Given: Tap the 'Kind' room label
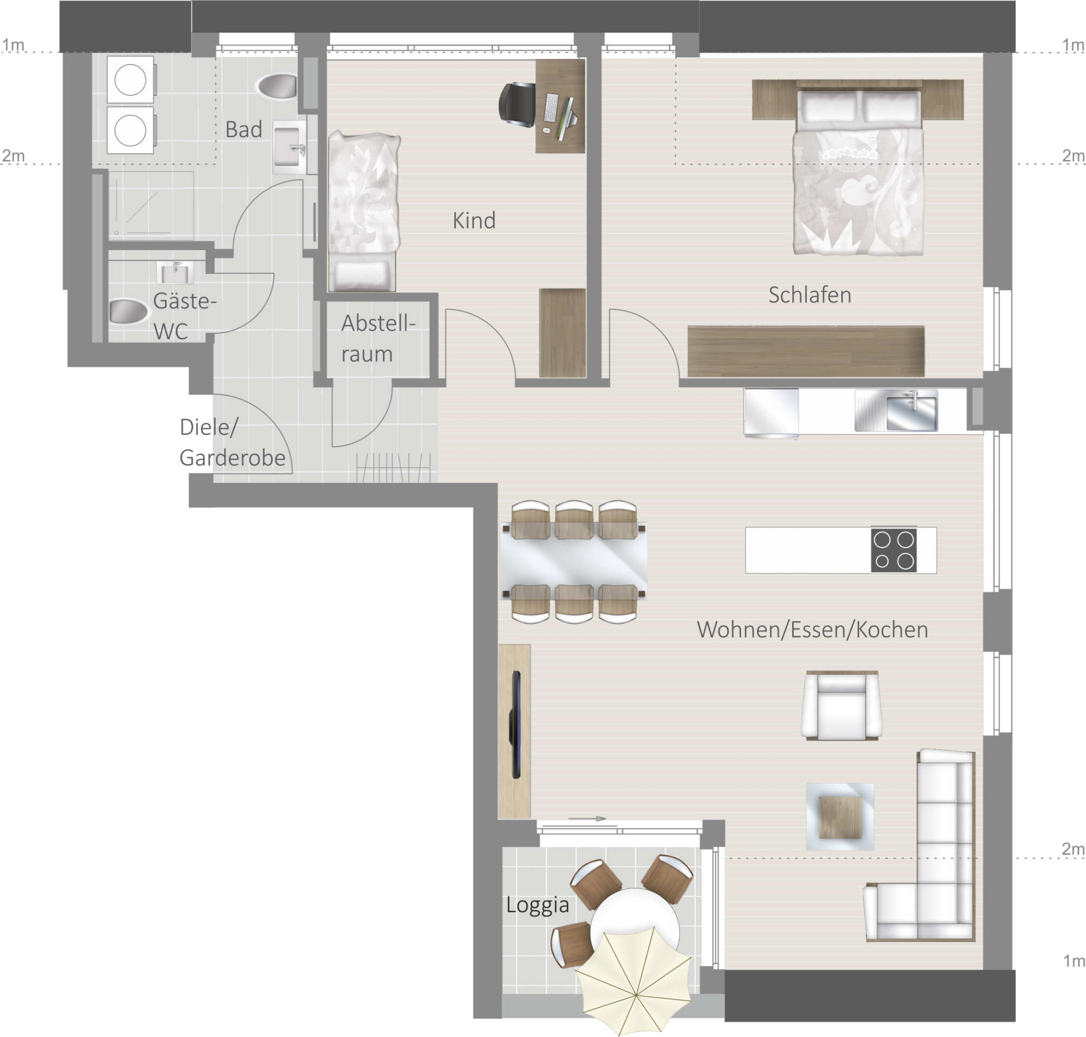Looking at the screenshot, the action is coord(474,220).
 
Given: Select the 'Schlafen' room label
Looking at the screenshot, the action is coord(809,295).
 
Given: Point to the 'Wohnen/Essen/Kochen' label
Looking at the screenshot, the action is coord(812,630).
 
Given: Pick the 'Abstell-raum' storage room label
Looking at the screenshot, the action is coord(378,338).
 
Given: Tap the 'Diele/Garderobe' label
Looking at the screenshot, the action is coord(232,442).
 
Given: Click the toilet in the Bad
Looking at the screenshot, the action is coord(276,86).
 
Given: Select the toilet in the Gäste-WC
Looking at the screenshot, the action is coord(129,311).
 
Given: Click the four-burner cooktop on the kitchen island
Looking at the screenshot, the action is coord(894,550).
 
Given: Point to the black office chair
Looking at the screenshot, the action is coord(517,104).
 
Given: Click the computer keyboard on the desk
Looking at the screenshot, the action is coord(551,108).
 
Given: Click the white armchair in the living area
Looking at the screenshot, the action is coord(841,706).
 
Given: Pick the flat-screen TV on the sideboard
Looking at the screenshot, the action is coord(516,725).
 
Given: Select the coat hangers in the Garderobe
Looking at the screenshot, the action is coord(393,467).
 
